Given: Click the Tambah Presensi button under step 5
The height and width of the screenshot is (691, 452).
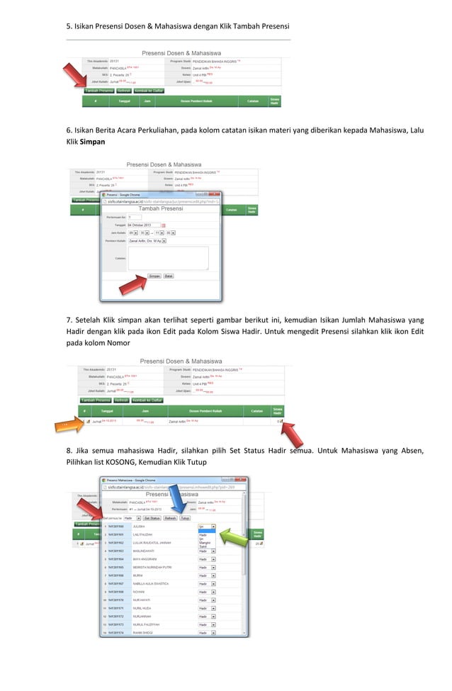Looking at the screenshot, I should pos(99,91).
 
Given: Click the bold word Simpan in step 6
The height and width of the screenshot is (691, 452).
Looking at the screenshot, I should pos(92,142).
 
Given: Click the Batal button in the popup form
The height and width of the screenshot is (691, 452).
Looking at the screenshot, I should pos(169,276).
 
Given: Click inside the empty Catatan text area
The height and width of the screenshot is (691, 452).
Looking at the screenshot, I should pos(168,258).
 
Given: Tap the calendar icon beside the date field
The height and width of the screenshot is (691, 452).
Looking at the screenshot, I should pos(164,225).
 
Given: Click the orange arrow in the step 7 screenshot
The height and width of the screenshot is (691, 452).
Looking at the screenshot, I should pos(68,424).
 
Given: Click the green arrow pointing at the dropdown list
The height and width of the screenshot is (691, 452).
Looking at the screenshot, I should pos(234,532).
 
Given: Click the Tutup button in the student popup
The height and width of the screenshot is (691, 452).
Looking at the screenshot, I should pos(185,518).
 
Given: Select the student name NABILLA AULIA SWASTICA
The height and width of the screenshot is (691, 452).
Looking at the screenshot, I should pos(151,584).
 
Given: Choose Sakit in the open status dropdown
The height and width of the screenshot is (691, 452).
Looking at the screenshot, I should pos(203,547).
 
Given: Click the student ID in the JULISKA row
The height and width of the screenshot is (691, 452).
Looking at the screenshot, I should pos(115,527).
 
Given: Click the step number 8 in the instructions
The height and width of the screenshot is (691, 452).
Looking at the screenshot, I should pos(69,451).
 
